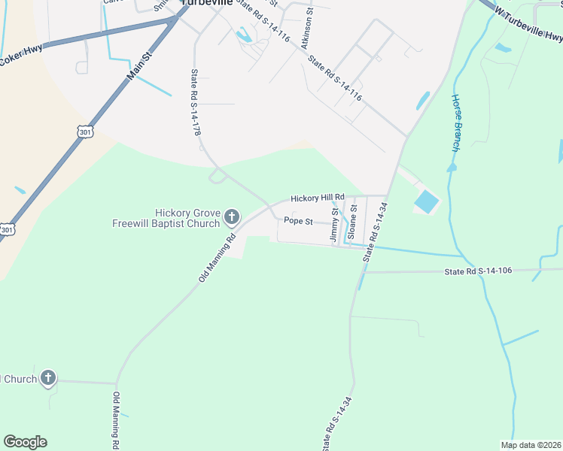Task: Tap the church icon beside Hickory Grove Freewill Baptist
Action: coord(232,219)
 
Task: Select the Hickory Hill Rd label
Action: coord(317,197)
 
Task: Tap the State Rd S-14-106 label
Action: coord(478,271)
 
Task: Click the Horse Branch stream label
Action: coord(455,123)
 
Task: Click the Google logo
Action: coord(25,442)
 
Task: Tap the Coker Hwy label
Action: coord(21,56)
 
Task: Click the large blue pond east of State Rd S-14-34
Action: coord(425,201)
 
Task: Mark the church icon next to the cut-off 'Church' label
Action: coord(48,378)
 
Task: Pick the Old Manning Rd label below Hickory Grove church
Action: coord(218,257)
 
